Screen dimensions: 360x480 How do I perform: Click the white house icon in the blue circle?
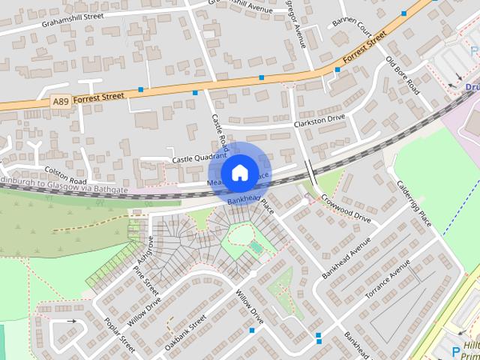pos(240,172)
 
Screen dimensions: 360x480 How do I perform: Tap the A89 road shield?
pos(61,100)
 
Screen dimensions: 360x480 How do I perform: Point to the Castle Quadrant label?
pos(199,158)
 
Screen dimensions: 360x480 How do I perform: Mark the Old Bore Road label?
pos(402,76)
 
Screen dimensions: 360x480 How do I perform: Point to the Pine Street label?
pos(145,279)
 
